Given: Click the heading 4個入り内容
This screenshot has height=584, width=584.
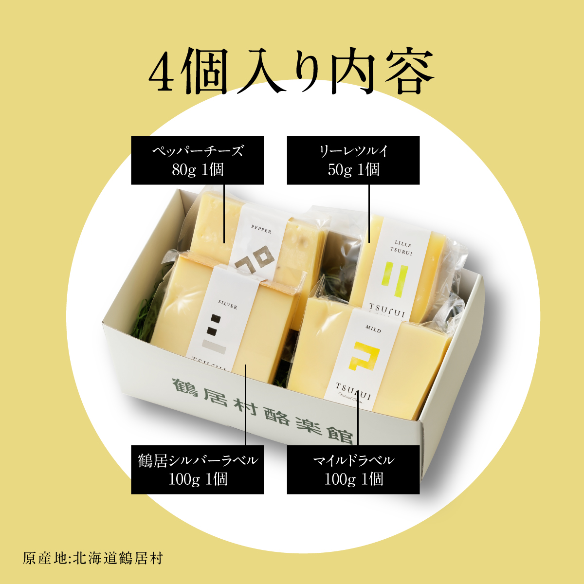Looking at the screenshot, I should [x=291, y=72].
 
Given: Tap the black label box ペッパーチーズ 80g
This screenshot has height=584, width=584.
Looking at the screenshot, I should [x=197, y=160].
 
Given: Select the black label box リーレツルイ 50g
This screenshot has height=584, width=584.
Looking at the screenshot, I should [x=353, y=160].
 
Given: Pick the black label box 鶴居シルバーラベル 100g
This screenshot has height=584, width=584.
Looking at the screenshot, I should [x=197, y=470].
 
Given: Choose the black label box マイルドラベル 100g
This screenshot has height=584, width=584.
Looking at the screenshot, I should [x=353, y=470].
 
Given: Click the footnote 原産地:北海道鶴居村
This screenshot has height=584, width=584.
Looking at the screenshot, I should [x=92, y=558].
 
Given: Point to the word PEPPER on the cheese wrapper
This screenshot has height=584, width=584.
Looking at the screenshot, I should [x=261, y=229].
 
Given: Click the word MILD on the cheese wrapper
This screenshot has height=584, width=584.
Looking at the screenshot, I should [x=373, y=329].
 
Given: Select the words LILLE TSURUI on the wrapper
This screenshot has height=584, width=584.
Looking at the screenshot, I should [x=402, y=248].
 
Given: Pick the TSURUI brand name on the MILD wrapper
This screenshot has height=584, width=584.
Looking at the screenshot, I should [x=354, y=391].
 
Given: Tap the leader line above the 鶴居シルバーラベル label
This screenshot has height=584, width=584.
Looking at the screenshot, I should [x=246, y=404].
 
